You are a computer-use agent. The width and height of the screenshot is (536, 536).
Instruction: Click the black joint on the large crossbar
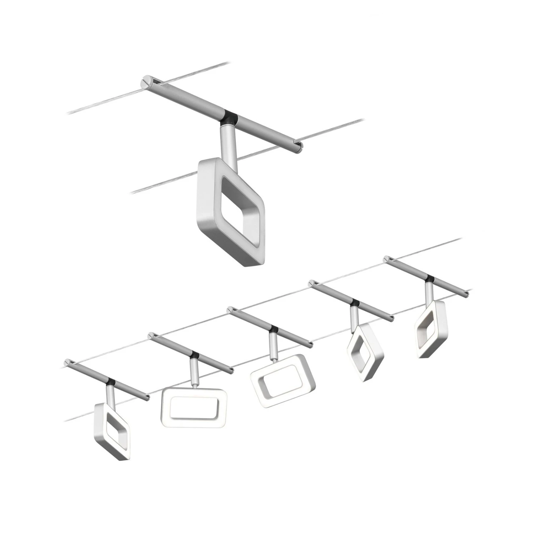[229, 118]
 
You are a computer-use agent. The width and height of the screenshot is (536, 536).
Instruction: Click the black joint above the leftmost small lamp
[110, 381]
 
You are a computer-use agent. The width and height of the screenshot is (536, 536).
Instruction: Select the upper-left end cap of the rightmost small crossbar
[386, 258]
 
